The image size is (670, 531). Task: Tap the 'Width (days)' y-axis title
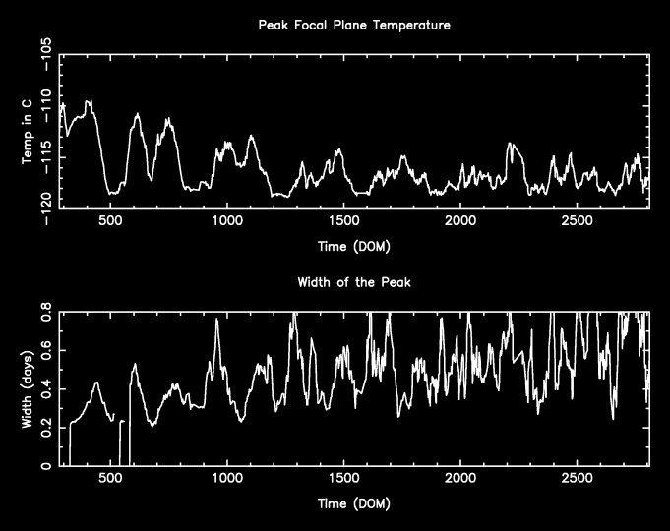pos(29,389)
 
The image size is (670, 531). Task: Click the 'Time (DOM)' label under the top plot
pos(352,245)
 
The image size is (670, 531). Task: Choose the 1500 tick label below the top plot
pos(343,222)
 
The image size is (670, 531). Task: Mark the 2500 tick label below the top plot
pos(577,222)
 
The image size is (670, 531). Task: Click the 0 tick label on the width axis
pos(48,466)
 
